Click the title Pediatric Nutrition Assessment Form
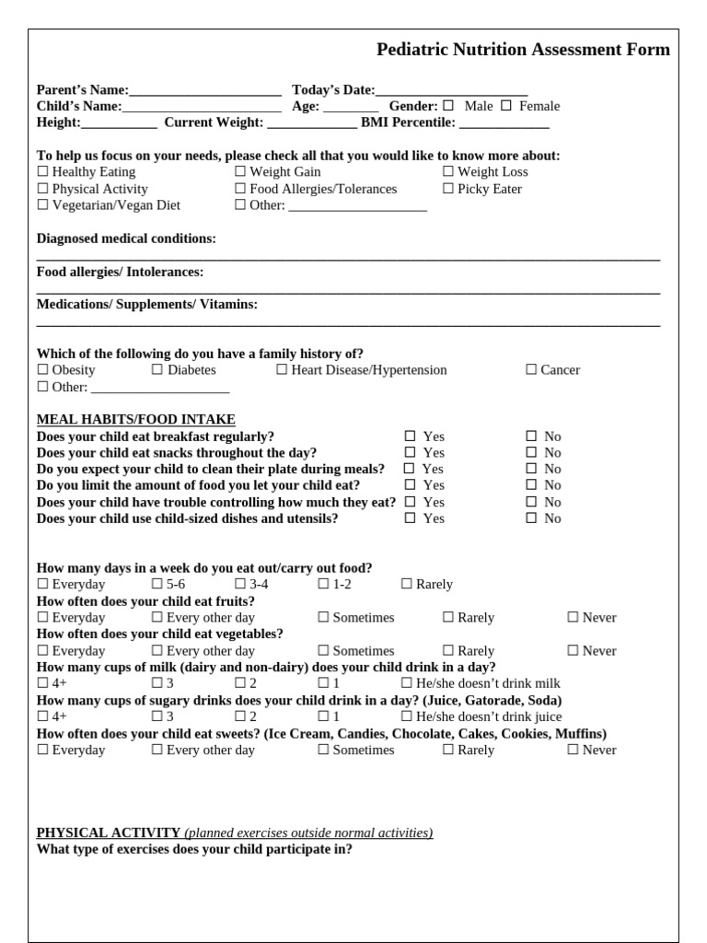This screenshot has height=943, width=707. point(523,50)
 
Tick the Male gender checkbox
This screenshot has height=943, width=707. point(448,106)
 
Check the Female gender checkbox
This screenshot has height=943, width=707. point(505,106)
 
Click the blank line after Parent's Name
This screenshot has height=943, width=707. point(205,90)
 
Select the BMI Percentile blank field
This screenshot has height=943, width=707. point(510,122)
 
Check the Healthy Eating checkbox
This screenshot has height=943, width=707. point(42,172)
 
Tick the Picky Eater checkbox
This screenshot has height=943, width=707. point(448,189)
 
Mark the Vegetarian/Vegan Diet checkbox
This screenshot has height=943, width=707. point(42,205)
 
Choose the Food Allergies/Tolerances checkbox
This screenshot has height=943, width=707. point(240,189)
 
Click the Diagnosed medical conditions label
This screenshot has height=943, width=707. point(126,239)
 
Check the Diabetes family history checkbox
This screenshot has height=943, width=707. point(157,370)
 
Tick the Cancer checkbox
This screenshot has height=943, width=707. point(531,370)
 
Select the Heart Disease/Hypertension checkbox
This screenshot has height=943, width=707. point(282,370)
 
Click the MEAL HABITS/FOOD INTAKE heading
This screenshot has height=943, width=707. point(135,419)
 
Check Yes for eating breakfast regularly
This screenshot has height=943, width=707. point(410,437)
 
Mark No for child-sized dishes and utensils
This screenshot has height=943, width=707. point(531,518)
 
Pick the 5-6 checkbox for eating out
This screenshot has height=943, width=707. point(157,585)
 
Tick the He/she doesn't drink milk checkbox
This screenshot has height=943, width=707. point(407,683)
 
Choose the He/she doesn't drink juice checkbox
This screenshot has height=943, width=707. point(407,716)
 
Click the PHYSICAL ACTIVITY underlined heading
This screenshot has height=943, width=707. point(109,832)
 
